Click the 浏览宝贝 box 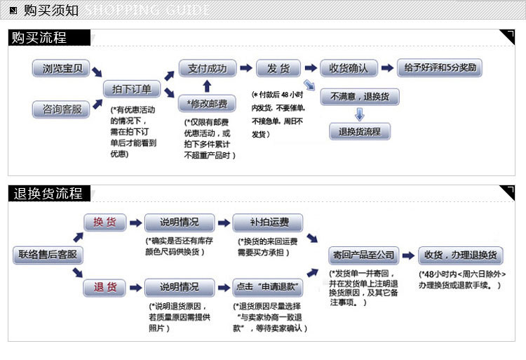(61, 69)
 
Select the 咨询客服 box (61, 109)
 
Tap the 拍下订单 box (132, 89)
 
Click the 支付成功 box (208, 69)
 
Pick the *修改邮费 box (207, 103)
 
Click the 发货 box (278, 69)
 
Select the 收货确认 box (349, 69)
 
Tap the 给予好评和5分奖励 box (440, 68)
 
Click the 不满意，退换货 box (360, 97)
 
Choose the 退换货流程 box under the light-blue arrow (360, 131)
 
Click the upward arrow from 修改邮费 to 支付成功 (208, 86)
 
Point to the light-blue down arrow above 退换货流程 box (360, 114)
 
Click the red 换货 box (105, 222)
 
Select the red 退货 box (105, 288)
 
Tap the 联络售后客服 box (48, 255)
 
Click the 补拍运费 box (268, 222)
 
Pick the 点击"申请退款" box (268, 288)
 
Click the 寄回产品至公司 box (363, 255)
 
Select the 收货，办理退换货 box (461, 255)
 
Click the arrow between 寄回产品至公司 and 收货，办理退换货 (409, 255)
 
